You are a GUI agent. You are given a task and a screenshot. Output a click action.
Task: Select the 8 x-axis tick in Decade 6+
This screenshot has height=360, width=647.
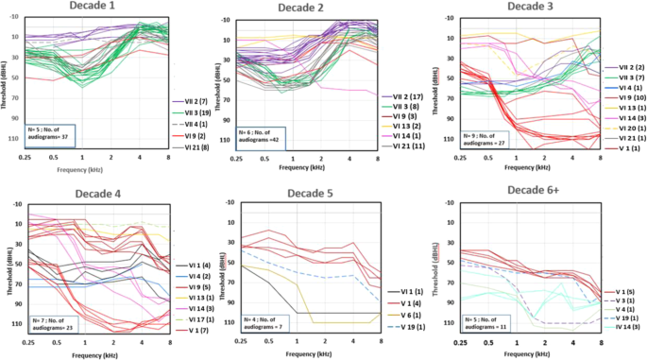pos(601,345)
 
